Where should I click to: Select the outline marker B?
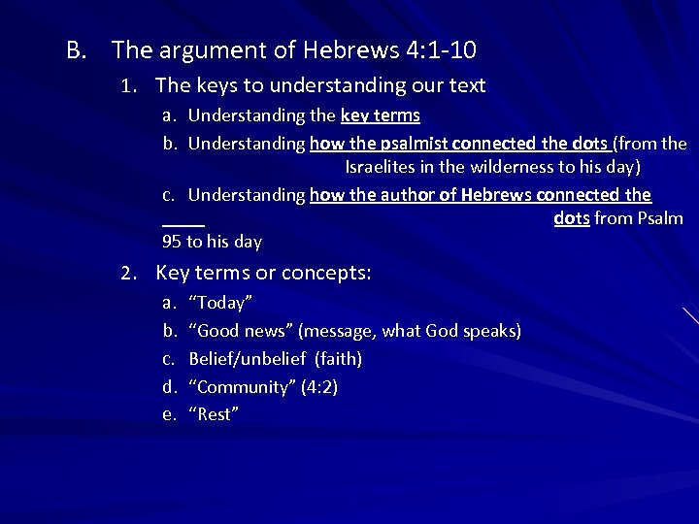(77, 49)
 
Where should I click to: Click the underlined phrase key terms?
(381, 115)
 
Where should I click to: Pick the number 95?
(171, 241)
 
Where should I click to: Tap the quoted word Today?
(220, 303)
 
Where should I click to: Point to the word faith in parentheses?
(339, 359)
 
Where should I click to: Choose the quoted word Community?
(243, 387)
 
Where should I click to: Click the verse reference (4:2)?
(320, 387)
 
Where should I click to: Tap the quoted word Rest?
(213, 414)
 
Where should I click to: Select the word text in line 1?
(466, 85)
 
